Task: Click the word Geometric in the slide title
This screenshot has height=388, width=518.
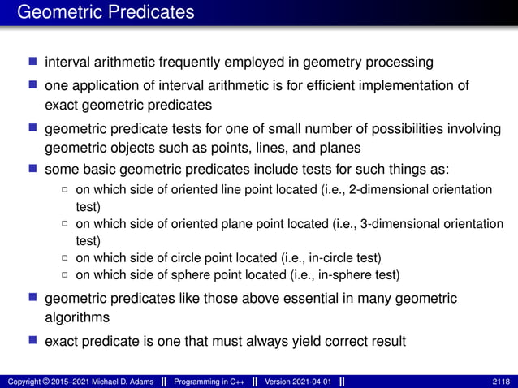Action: pos(58,12)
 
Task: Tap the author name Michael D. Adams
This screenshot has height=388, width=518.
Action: pos(111,381)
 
